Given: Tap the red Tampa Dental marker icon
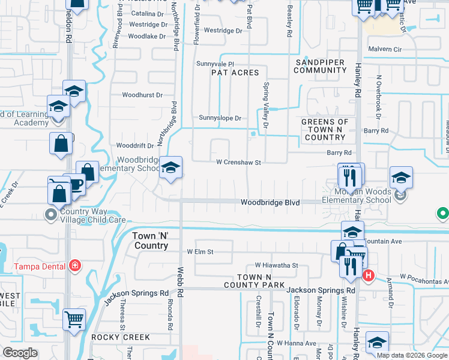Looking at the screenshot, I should click(75, 265).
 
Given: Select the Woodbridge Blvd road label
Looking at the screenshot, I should click(270, 203).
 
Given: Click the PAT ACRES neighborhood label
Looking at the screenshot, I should click(235, 73).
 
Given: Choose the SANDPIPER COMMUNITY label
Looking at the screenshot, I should click(321, 66).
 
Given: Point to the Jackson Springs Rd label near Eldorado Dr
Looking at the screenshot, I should click(321, 290).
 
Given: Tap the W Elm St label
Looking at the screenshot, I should click(200, 252).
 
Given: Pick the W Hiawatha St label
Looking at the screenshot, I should click(276, 265).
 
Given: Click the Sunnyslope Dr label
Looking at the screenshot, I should click(220, 118).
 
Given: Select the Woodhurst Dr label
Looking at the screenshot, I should click(142, 95).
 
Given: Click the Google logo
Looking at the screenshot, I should click(20, 352).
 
